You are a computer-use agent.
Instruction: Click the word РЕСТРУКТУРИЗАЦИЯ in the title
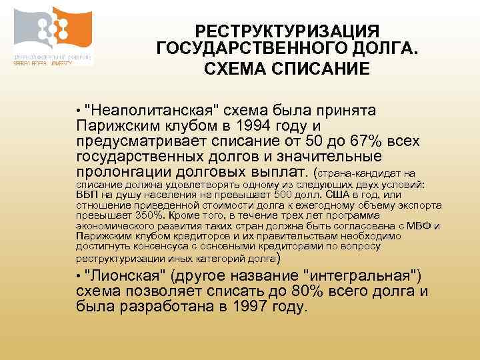coord(287,31)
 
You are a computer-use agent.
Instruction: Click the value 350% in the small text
coord(151,215)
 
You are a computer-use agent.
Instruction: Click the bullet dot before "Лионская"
coord(79,277)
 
